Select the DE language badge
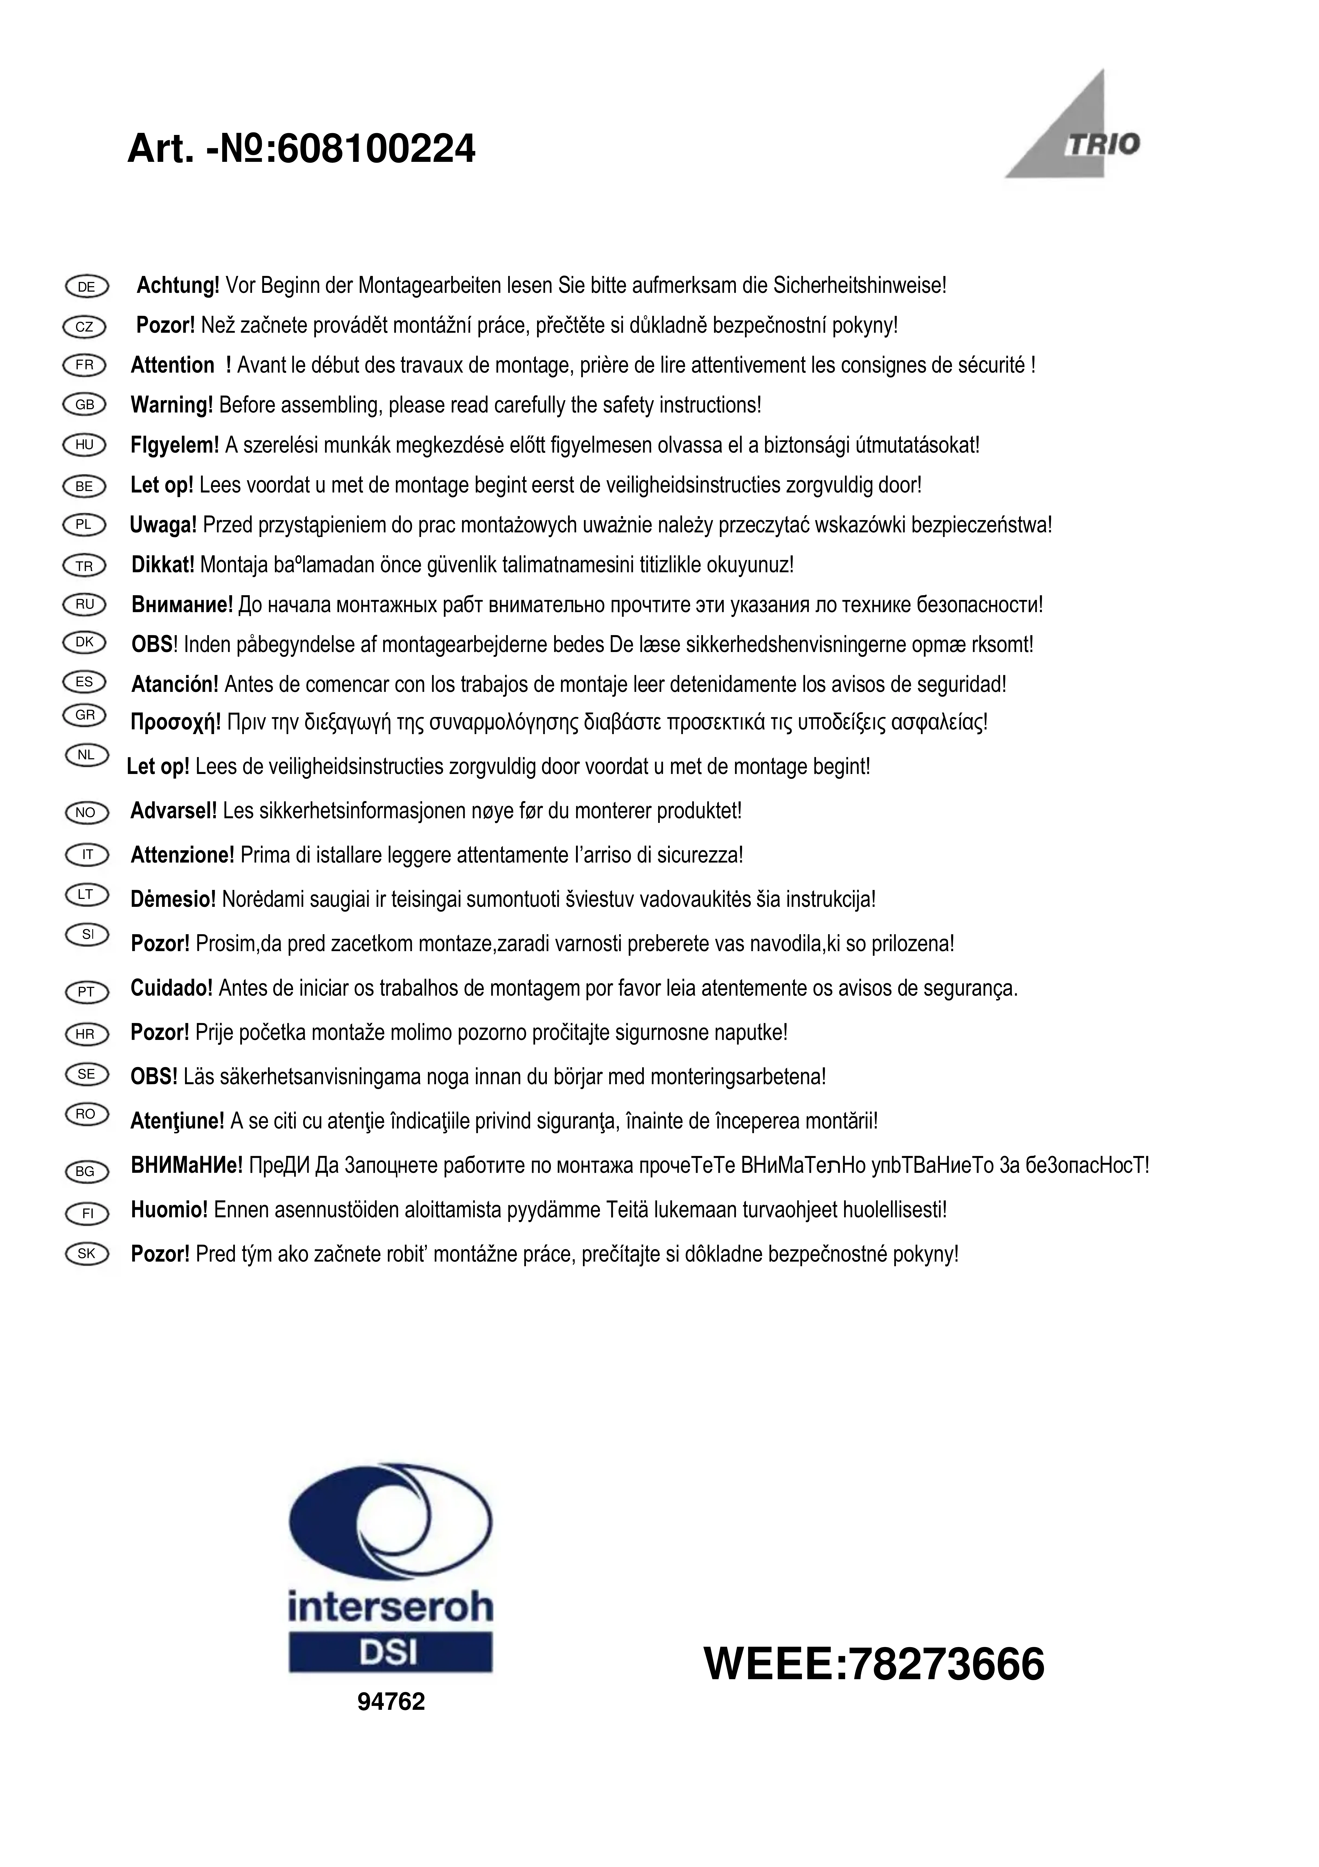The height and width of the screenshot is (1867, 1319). pos(85,286)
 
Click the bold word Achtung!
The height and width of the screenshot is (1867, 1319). pos(177,285)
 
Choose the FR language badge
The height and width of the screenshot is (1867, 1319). pos(85,365)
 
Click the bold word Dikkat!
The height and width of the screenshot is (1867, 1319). pos(163,564)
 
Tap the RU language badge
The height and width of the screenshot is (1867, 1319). pos(85,604)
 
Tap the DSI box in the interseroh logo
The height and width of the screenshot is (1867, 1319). pos(390,1652)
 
